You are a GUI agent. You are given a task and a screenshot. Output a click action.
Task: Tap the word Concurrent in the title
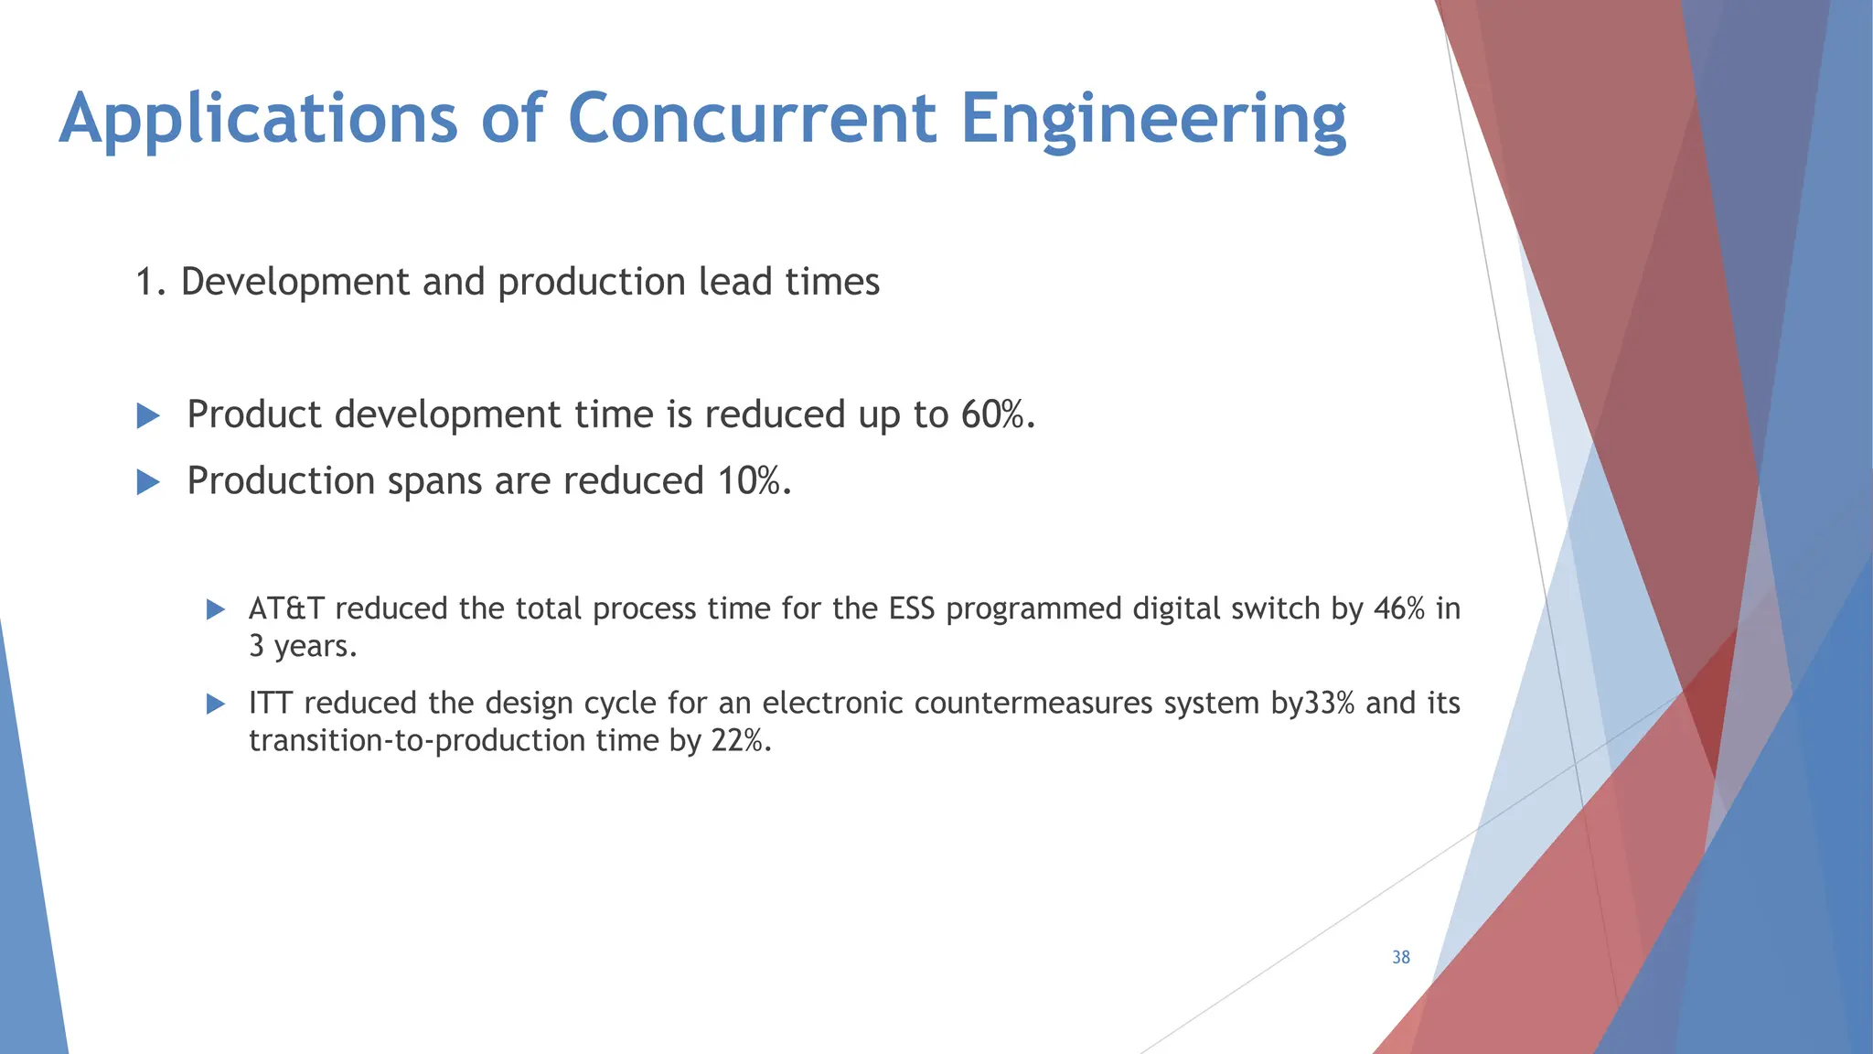(x=752, y=118)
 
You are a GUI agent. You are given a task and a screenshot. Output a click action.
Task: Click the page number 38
(x=1400, y=957)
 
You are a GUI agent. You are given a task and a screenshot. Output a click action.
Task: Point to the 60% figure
(x=997, y=414)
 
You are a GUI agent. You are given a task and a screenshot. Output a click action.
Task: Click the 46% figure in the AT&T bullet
(x=1399, y=608)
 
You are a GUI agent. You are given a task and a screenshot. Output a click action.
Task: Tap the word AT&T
(x=286, y=608)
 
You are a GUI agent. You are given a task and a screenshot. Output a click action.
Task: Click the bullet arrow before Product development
(x=147, y=416)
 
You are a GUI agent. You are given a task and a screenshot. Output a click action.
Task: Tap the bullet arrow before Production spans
(x=147, y=482)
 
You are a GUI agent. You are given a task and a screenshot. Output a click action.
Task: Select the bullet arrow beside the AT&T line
(x=216, y=609)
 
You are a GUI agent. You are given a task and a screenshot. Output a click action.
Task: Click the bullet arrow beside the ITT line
(x=216, y=704)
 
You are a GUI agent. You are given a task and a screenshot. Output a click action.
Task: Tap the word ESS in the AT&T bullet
(x=912, y=608)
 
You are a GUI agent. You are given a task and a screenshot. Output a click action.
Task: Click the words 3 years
(x=302, y=647)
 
